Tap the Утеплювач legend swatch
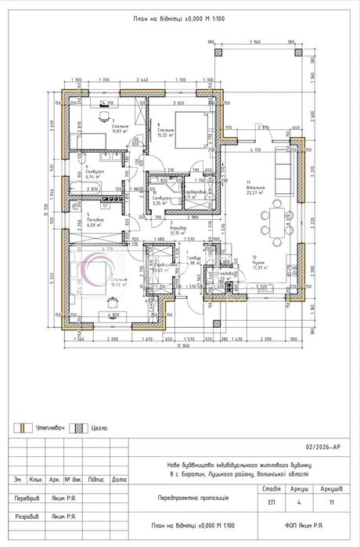click(24, 428)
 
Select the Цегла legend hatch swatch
click(78, 428)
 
